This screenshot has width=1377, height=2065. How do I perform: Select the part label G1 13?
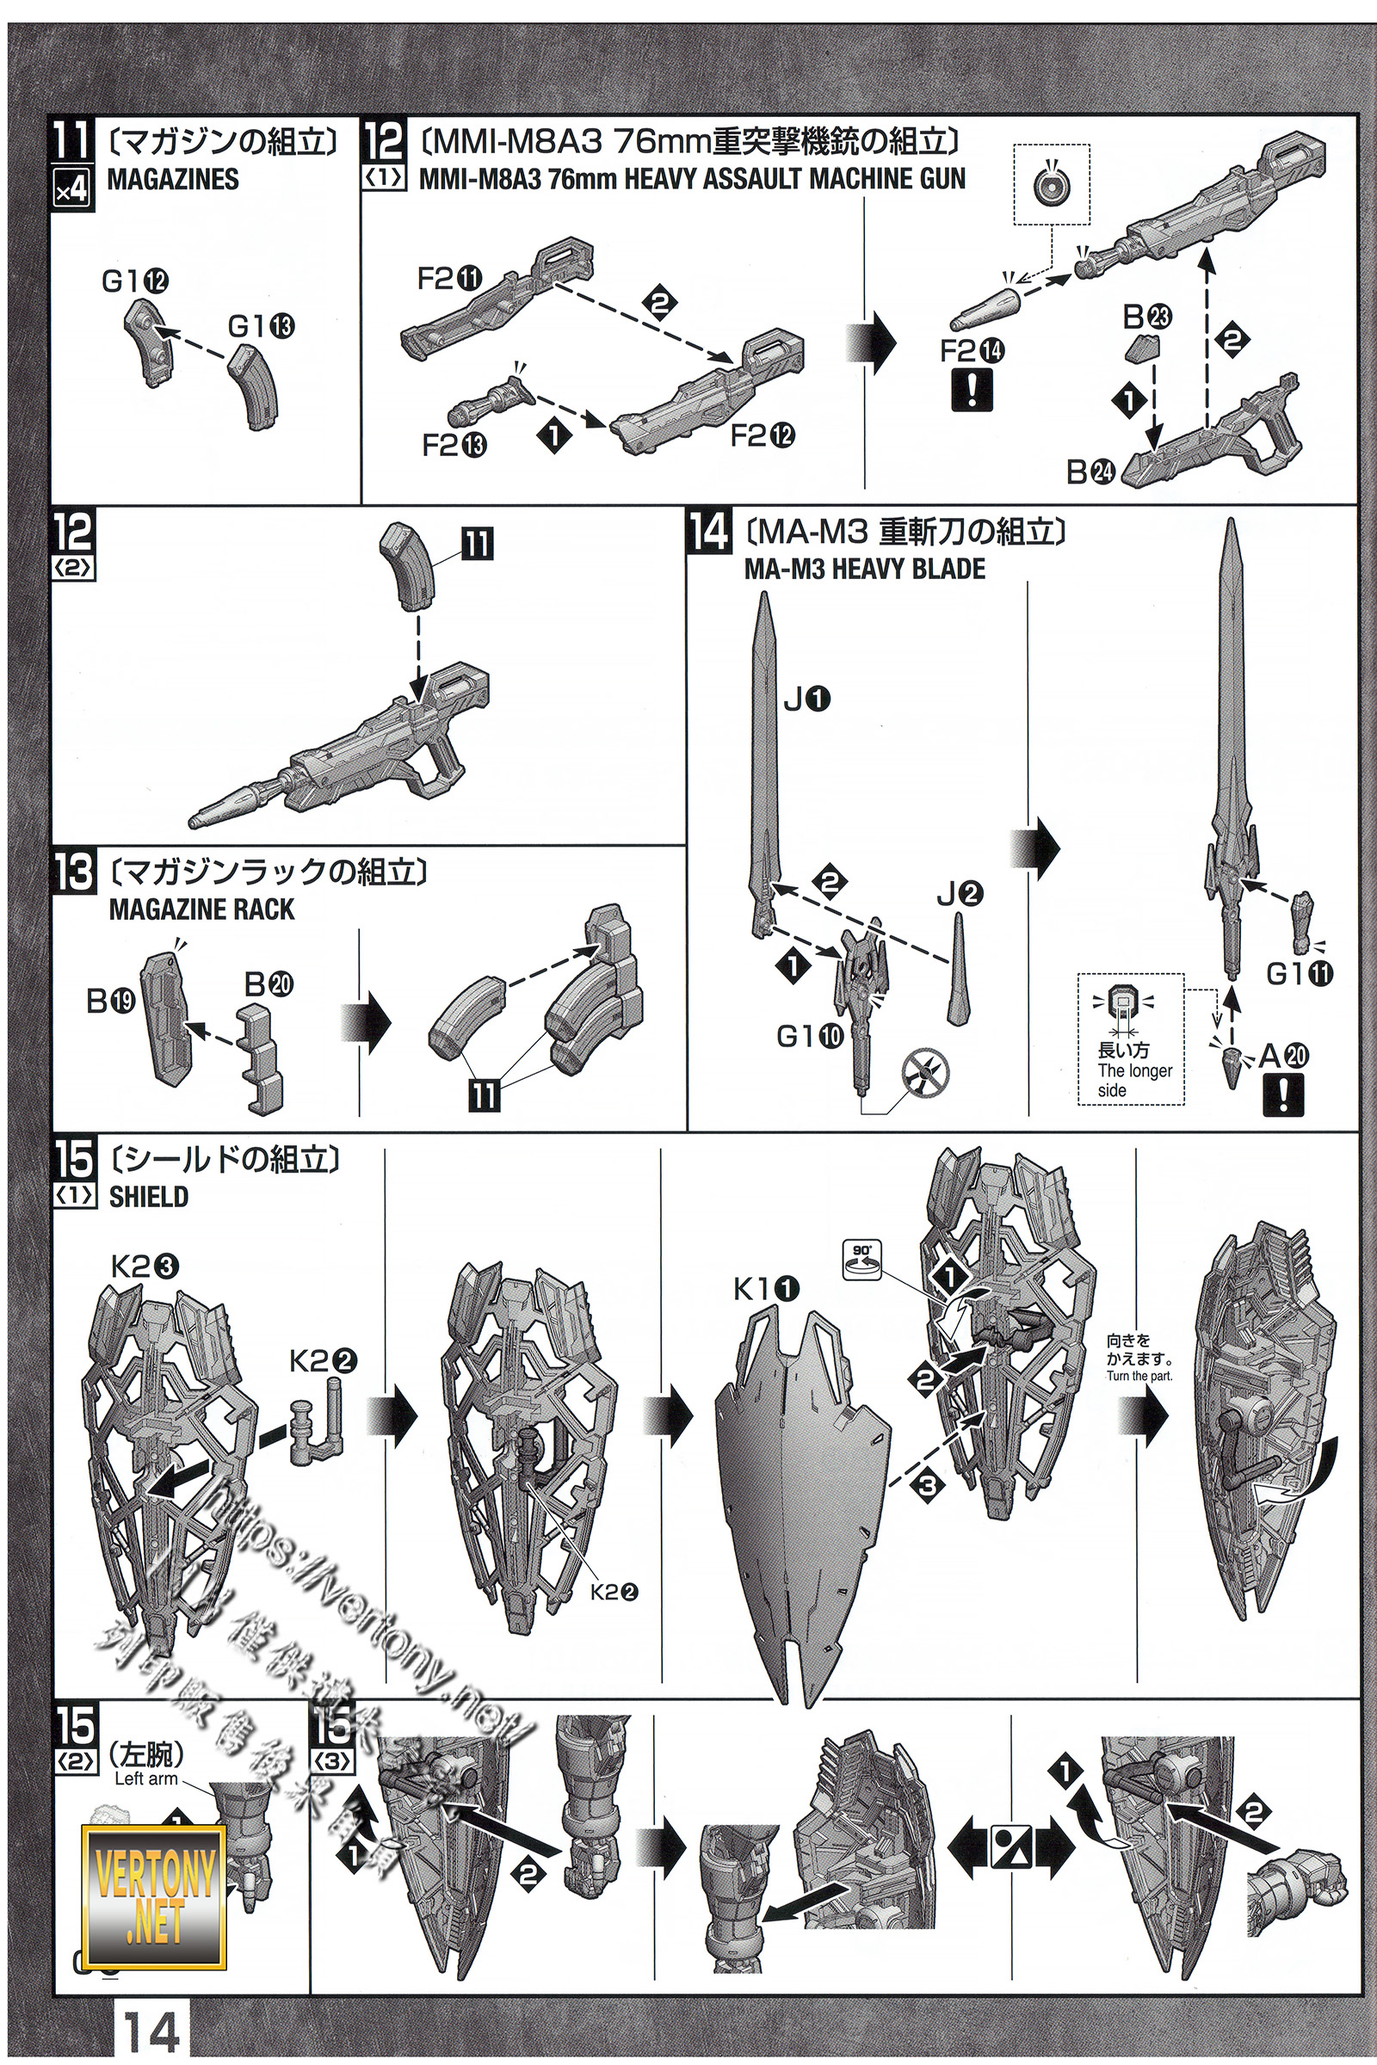(x=261, y=327)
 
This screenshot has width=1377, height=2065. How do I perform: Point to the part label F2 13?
(x=454, y=445)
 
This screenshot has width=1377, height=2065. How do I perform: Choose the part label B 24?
(x=1090, y=472)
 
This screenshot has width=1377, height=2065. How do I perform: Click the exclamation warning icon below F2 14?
(x=973, y=389)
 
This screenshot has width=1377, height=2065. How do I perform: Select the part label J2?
(x=959, y=894)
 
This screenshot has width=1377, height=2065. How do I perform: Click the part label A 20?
(x=1283, y=1056)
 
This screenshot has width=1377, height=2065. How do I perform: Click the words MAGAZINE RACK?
(x=201, y=909)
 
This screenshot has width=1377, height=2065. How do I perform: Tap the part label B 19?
(x=111, y=1001)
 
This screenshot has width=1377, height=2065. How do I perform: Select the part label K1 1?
(x=767, y=1289)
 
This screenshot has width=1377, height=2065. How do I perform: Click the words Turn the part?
(x=1139, y=1376)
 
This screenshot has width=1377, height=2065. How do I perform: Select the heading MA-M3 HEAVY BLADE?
(x=864, y=569)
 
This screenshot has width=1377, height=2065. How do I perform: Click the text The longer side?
(x=1133, y=1080)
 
